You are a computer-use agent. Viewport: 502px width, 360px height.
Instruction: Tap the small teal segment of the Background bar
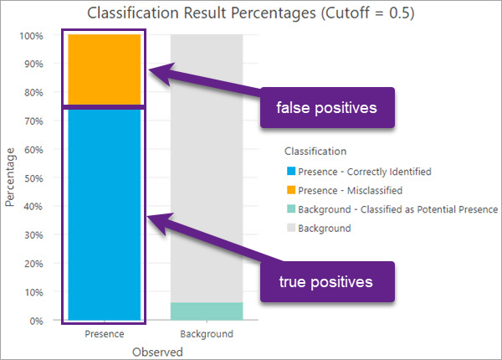[x=207, y=311]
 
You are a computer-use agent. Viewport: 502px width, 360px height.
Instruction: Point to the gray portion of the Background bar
[x=207, y=167]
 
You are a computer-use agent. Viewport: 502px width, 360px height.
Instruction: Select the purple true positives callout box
[x=326, y=281]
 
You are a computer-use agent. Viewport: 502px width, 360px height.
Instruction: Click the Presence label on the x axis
[x=105, y=334]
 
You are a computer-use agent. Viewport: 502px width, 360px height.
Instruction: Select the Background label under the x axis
[x=207, y=334]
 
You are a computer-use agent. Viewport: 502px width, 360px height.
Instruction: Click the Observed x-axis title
[x=157, y=352]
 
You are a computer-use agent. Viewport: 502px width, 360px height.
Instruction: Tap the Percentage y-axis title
[x=10, y=177]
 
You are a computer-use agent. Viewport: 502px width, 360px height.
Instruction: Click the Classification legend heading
[x=316, y=152]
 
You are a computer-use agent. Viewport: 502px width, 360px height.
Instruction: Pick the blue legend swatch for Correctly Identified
[x=289, y=172]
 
